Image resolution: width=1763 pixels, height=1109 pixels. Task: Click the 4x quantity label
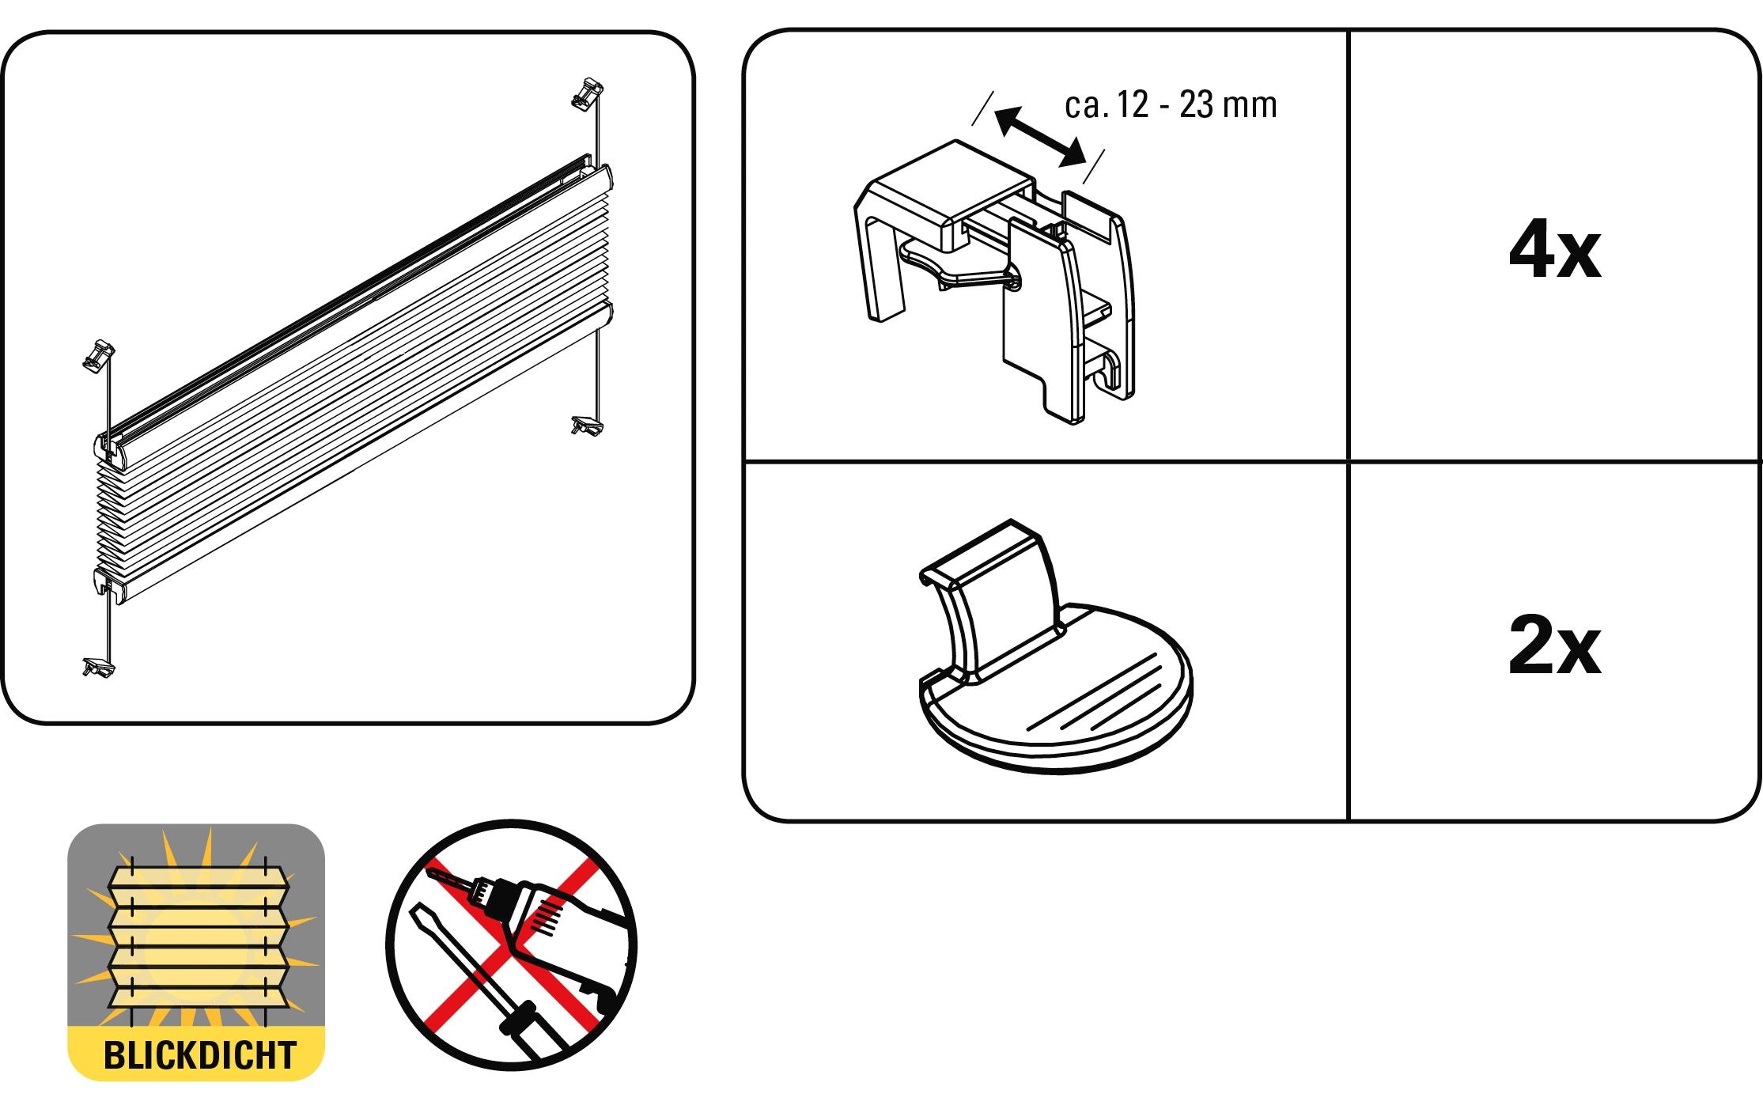(1554, 253)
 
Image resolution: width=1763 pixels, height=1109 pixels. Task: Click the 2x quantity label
(1554, 649)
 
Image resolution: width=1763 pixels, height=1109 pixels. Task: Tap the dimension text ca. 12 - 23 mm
(1171, 104)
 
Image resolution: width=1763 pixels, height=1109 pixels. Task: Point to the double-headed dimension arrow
(1039, 138)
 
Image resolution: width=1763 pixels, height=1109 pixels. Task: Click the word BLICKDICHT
(199, 1055)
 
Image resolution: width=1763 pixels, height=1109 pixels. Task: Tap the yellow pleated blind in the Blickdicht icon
(199, 938)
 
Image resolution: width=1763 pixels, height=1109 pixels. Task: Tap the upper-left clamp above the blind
(98, 355)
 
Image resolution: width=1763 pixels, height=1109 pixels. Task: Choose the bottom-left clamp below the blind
(98, 666)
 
